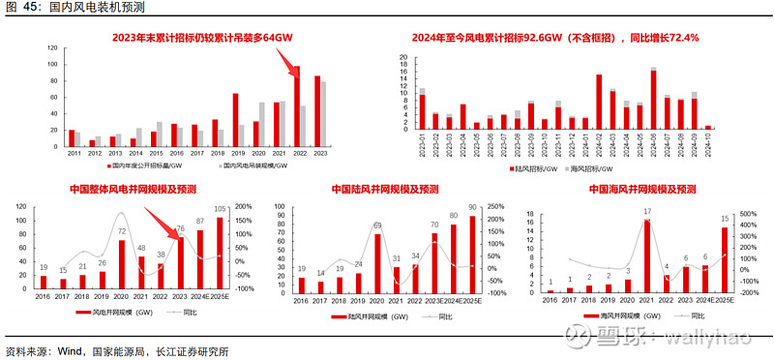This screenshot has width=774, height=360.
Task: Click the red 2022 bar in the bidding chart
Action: pyautogui.click(x=297, y=106)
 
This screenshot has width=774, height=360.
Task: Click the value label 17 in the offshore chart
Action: pyautogui.click(x=646, y=211)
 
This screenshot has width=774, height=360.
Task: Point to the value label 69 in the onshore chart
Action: pyautogui.click(x=377, y=225)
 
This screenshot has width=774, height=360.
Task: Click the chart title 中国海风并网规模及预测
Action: pyautogui.click(x=642, y=189)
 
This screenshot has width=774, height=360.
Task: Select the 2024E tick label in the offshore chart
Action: pyautogui.click(x=703, y=301)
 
